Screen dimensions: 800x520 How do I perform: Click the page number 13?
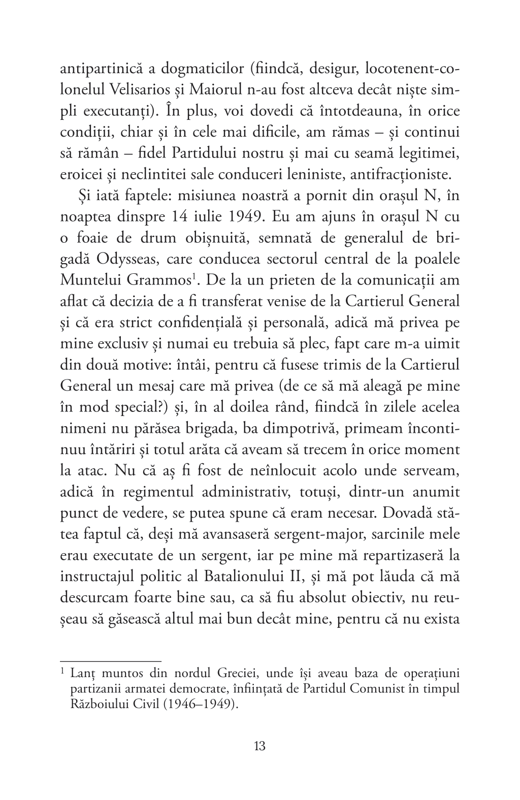click(x=259, y=746)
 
